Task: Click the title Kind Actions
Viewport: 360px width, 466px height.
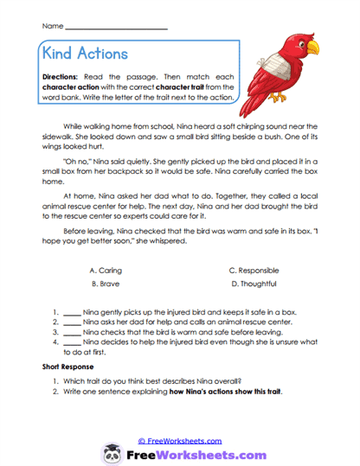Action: [x=84, y=54]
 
